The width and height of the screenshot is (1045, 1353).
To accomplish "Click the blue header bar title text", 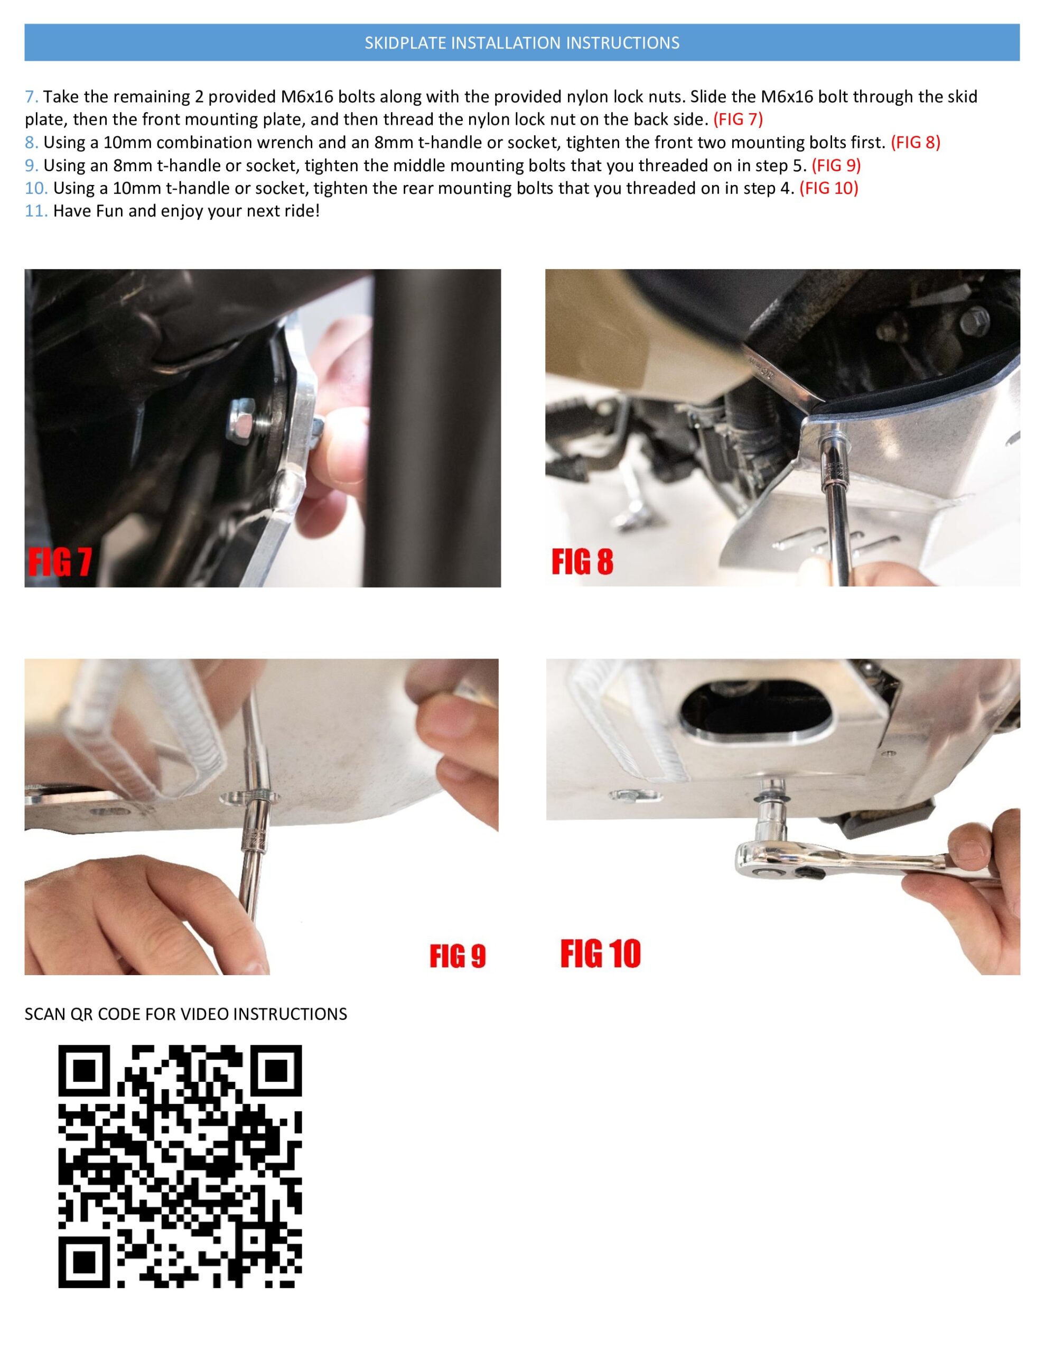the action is (x=521, y=43).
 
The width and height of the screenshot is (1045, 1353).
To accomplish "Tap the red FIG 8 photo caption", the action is (x=582, y=562).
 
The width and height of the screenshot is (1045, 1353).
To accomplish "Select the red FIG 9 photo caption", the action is (x=458, y=956).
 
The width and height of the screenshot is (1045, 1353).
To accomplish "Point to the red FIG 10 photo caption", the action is (x=600, y=953).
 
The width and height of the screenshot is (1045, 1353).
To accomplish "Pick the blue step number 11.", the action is (x=36, y=211).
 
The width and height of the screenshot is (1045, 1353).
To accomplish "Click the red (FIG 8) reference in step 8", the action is (x=916, y=143).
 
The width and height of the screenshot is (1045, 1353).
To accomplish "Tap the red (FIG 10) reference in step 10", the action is (x=829, y=188).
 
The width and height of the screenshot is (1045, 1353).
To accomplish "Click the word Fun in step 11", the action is (x=110, y=211).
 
